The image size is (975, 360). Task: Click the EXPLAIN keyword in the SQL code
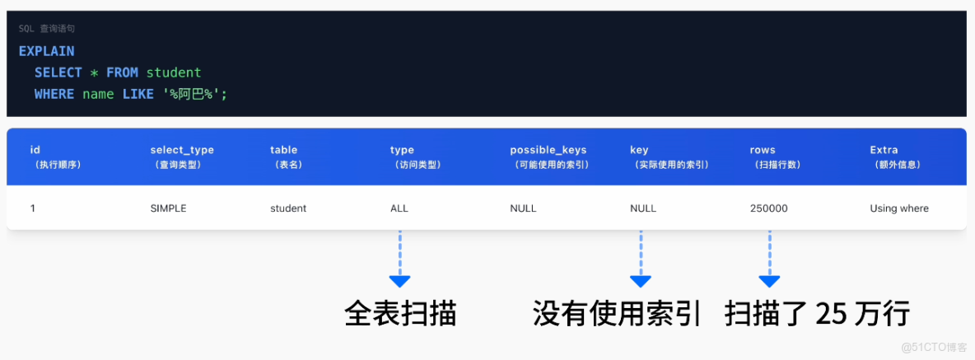click(x=46, y=51)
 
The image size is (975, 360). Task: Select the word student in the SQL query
click(x=174, y=72)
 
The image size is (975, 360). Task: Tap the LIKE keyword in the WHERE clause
click(x=138, y=94)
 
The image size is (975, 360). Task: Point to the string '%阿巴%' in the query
click(x=194, y=94)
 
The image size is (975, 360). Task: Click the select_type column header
click(x=182, y=150)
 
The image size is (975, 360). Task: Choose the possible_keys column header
click(x=548, y=150)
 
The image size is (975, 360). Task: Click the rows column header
click(x=762, y=150)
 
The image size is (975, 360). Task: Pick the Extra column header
click(x=884, y=150)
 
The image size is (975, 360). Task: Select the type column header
click(x=402, y=150)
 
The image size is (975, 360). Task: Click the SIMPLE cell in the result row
click(x=168, y=208)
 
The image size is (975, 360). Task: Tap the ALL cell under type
click(x=399, y=208)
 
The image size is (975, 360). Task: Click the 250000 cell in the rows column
click(x=768, y=208)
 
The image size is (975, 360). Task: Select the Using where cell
click(x=899, y=208)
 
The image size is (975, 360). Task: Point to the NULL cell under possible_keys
click(x=523, y=208)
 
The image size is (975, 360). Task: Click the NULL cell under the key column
click(x=643, y=208)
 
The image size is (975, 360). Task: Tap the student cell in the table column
click(x=288, y=208)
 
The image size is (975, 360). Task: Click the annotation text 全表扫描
click(x=400, y=314)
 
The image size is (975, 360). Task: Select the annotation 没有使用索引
click(x=617, y=314)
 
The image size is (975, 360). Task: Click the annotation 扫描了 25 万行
click(x=817, y=314)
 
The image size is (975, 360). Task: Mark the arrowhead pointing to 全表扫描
click(x=400, y=281)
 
